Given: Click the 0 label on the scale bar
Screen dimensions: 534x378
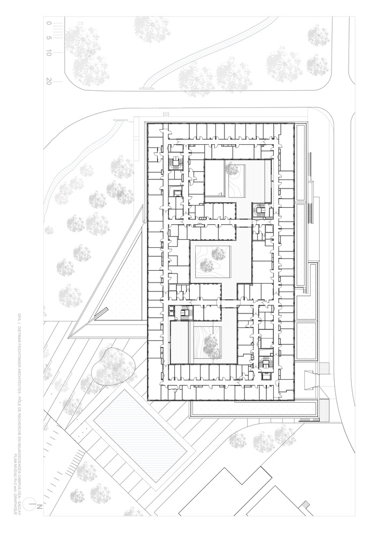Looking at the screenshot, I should point(49,23).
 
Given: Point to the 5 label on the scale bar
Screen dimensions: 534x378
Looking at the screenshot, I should point(49,38).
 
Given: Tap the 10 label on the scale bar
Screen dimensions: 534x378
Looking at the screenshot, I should point(49,53).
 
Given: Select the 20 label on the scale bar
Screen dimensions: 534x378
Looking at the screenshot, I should point(49,82).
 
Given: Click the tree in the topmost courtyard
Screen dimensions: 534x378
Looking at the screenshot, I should point(233,170).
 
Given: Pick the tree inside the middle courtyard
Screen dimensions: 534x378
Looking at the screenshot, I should point(218,253).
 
